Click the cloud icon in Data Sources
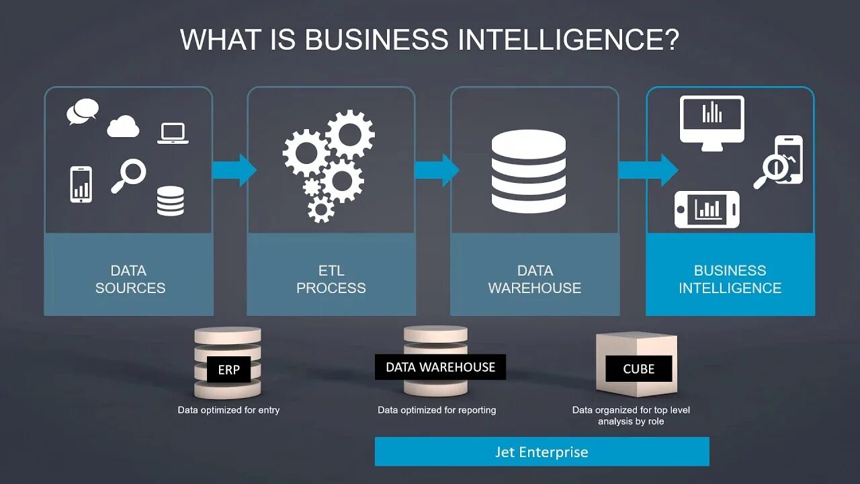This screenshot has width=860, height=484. coord(123,126)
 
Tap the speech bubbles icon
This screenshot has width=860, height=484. coord(83,112)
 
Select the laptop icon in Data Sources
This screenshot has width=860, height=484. coord(173,133)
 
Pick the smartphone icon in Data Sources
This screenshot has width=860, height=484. coord(81,184)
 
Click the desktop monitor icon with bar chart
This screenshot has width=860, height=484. coord(712,120)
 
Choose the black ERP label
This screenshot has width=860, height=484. coord(228,370)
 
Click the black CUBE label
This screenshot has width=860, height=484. coord(638,368)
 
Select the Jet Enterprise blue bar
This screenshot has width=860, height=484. coord(542,452)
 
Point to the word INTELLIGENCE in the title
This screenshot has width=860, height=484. coord(568,40)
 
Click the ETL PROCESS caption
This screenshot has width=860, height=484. coord(331,279)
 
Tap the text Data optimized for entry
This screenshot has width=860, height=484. coord(228,410)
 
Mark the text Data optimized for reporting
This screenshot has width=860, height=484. coord(437,410)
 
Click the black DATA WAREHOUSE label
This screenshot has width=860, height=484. coord(440,367)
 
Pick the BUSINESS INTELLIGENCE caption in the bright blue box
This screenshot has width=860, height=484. coord(730,279)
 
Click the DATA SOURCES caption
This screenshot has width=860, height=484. coord(129,279)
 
